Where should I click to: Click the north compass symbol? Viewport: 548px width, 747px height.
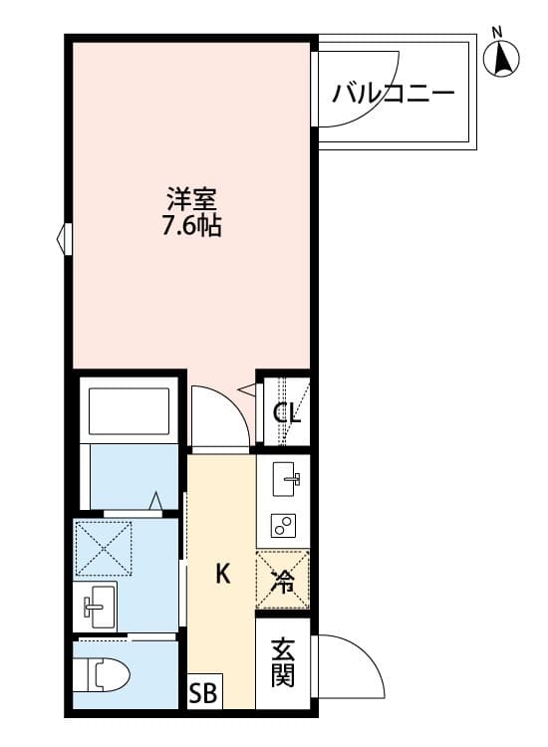[x=502, y=60]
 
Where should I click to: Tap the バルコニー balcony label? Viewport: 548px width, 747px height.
[x=394, y=96]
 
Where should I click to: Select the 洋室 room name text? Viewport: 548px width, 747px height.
[x=192, y=197]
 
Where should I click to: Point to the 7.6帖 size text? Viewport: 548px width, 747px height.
[x=192, y=226]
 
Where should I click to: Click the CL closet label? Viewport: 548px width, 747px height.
[x=287, y=411]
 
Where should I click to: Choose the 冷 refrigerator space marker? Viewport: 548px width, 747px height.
[x=284, y=580]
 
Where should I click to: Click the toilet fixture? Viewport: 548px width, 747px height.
[x=105, y=676]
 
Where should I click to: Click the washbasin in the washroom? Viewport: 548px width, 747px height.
[x=96, y=604]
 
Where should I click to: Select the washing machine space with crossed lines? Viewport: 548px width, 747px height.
[x=106, y=547]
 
